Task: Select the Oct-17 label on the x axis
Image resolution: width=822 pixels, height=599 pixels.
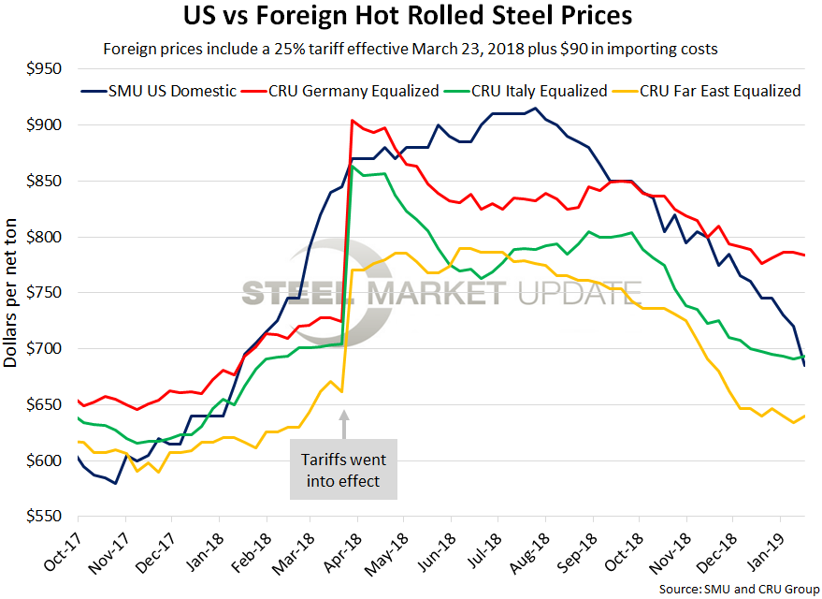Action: point(60,552)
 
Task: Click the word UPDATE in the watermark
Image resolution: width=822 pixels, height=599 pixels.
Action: point(580,293)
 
